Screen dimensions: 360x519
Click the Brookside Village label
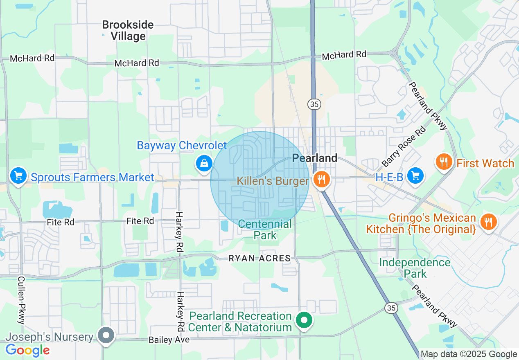128,31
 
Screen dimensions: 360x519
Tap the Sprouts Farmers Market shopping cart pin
18,176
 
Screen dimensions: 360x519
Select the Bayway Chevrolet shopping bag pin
203,163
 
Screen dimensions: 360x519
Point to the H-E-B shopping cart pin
416,176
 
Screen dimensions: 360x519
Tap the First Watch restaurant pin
444,162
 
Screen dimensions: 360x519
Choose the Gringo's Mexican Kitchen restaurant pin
488,222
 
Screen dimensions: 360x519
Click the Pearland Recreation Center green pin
303,320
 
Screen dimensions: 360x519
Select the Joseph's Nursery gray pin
106,335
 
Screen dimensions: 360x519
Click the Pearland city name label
315,158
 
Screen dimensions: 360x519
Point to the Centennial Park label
265,229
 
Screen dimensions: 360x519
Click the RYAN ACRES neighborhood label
259,258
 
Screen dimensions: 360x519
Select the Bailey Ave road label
169,340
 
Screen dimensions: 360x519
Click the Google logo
27,350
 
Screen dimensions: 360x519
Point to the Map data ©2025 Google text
469,354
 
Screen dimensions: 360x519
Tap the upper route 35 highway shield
314,104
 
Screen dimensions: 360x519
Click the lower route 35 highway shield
391,308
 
